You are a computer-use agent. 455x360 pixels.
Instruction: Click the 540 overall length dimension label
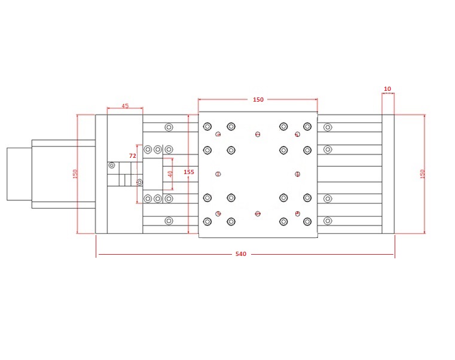click(x=241, y=254)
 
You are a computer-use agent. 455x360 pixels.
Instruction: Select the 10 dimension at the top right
click(x=387, y=89)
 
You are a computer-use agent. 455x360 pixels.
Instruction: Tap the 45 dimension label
click(x=125, y=106)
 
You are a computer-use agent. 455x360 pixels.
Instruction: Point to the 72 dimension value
click(x=133, y=156)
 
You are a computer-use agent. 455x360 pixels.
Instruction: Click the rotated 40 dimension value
click(x=170, y=174)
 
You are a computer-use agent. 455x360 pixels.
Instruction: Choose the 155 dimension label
click(x=189, y=172)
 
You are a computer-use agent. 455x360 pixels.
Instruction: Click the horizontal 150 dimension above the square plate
click(x=258, y=100)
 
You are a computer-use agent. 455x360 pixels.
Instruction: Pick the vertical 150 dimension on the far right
click(x=423, y=174)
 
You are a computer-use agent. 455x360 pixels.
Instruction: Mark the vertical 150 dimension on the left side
click(x=75, y=174)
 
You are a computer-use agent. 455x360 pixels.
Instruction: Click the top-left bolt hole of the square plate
click(x=207, y=126)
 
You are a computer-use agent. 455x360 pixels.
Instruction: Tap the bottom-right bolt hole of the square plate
click(x=307, y=222)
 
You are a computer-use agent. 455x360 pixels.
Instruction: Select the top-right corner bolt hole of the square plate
click(x=307, y=126)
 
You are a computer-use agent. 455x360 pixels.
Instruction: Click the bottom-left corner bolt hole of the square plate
click(x=207, y=222)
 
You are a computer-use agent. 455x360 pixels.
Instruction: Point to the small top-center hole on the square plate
click(x=258, y=134)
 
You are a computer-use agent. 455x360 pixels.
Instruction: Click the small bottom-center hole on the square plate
click(x=258, y=213)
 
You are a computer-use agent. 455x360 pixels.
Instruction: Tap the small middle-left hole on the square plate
click(x=218, y=174)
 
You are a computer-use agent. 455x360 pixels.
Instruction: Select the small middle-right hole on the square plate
click(x=297, y=174)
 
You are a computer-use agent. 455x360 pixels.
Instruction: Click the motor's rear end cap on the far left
click(x=19, y=174)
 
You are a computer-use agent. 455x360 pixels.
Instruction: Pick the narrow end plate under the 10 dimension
click(x=388, y=174)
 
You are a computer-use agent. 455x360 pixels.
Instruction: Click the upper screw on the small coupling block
click(x=111, y=165)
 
